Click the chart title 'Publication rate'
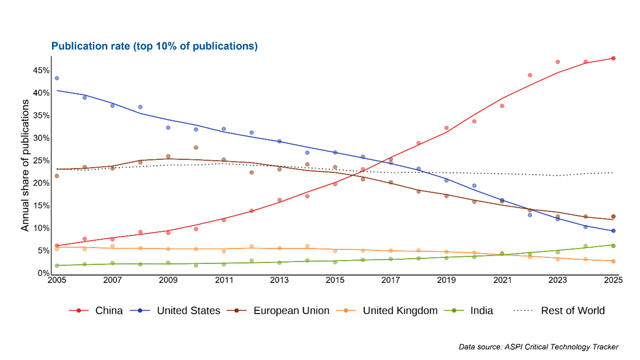click(x=154, y=46)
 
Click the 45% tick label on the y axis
click(x=41, y=71)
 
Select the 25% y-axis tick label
click(x=41, y=161)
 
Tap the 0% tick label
click(x=43, y=273)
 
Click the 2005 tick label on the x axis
click(x=57, y=280)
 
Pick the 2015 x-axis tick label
click(x=335, y=280)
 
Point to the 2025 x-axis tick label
click(x=613, y=280)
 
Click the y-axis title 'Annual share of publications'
click(x=25, y=165)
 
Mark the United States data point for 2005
click(x=57, y=78)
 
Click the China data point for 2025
click(x=613, y=58)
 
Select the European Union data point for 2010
click(x=196, y=148)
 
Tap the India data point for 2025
click(x=613, y=246)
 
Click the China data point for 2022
click(x=530, y=75)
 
